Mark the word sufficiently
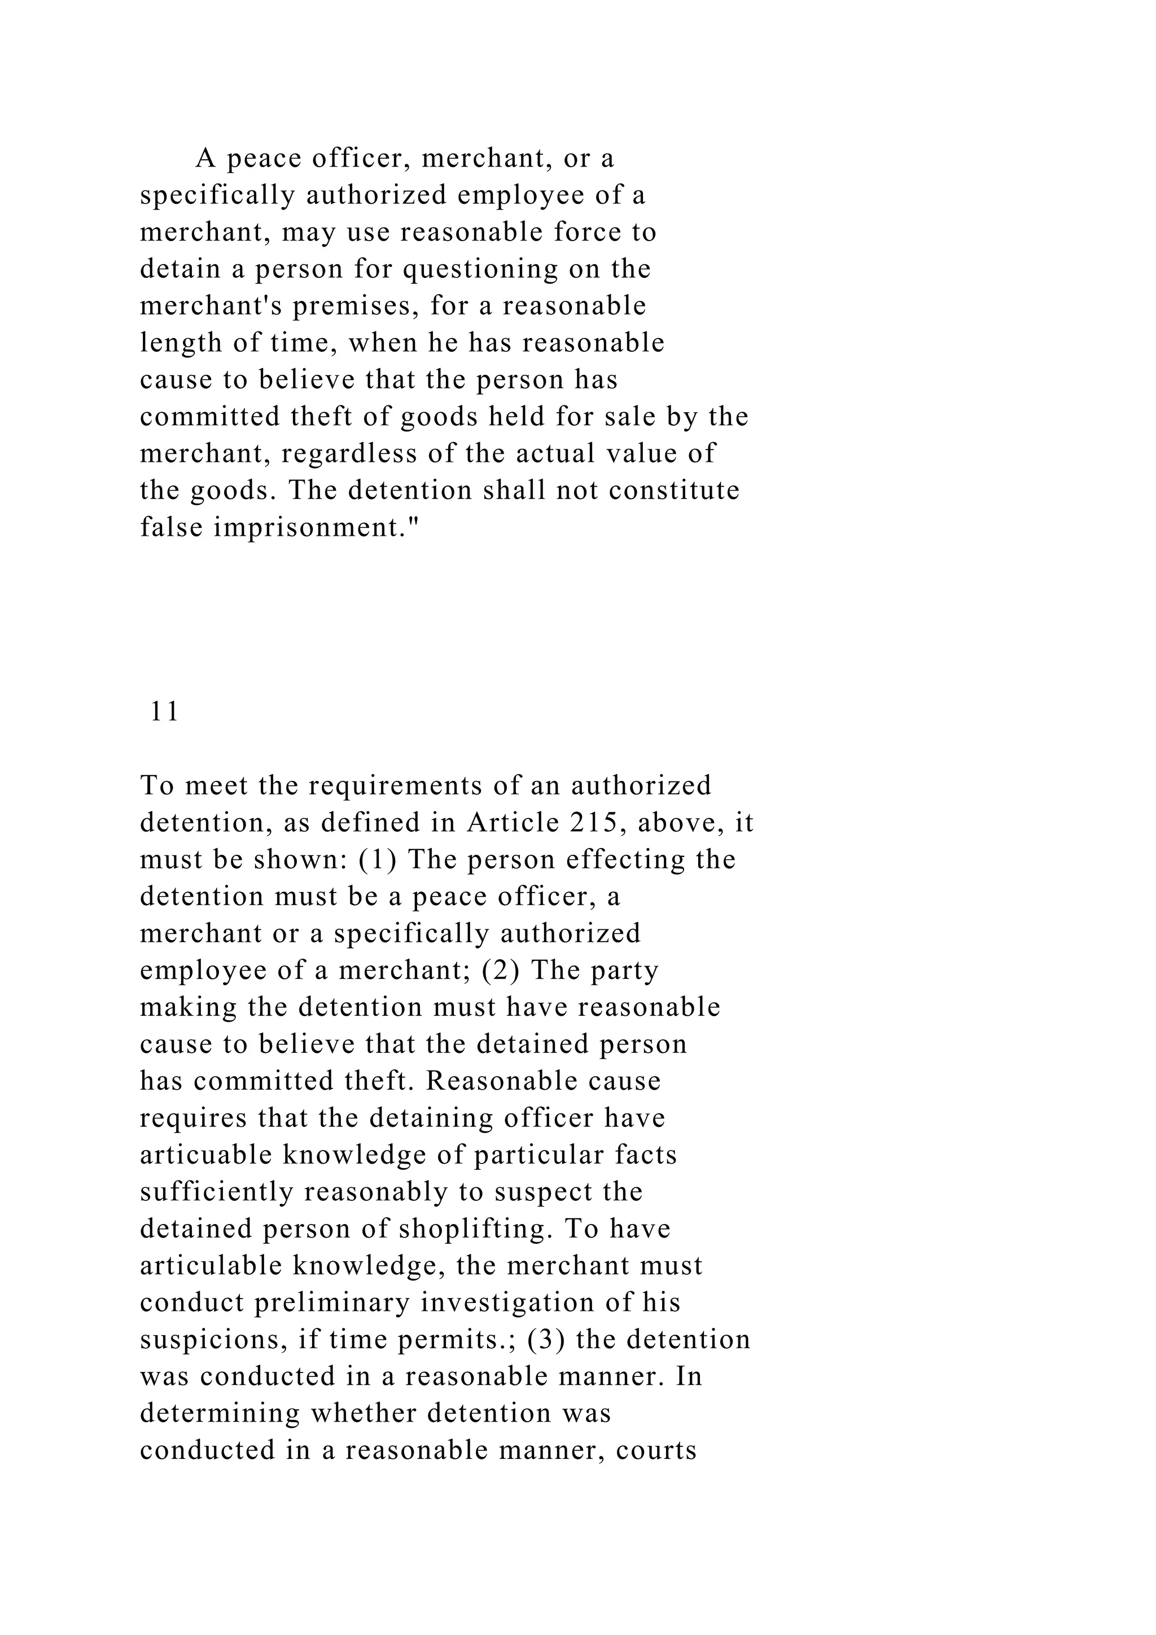point(216,1192)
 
